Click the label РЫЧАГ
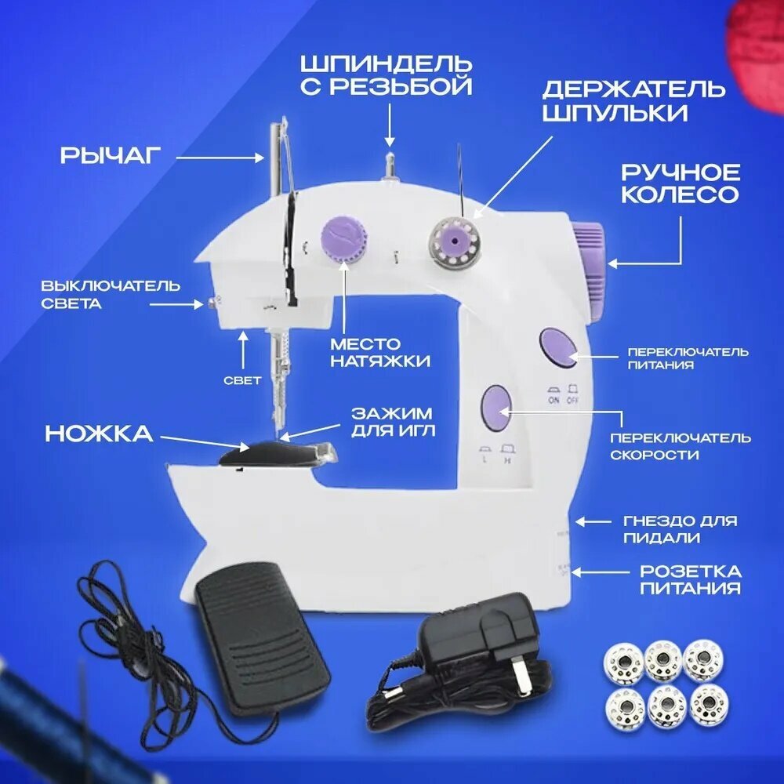coord(111,155)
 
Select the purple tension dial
coord(343,238)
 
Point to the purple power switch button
coord(558,348)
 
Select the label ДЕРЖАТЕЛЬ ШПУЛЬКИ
coord(633,101)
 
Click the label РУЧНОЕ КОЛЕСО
coord(680,183)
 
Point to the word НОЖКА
coord(99,434)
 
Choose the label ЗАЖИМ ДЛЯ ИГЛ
coord(393,422)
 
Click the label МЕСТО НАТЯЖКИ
coord(380,352)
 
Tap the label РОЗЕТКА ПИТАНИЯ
coord(691,579)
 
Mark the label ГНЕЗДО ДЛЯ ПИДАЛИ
coord(680,529)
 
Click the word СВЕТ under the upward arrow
coord(242,380)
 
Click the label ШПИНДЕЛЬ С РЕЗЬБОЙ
coord(387,75)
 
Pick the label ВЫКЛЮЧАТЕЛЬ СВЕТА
coord(111,295)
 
